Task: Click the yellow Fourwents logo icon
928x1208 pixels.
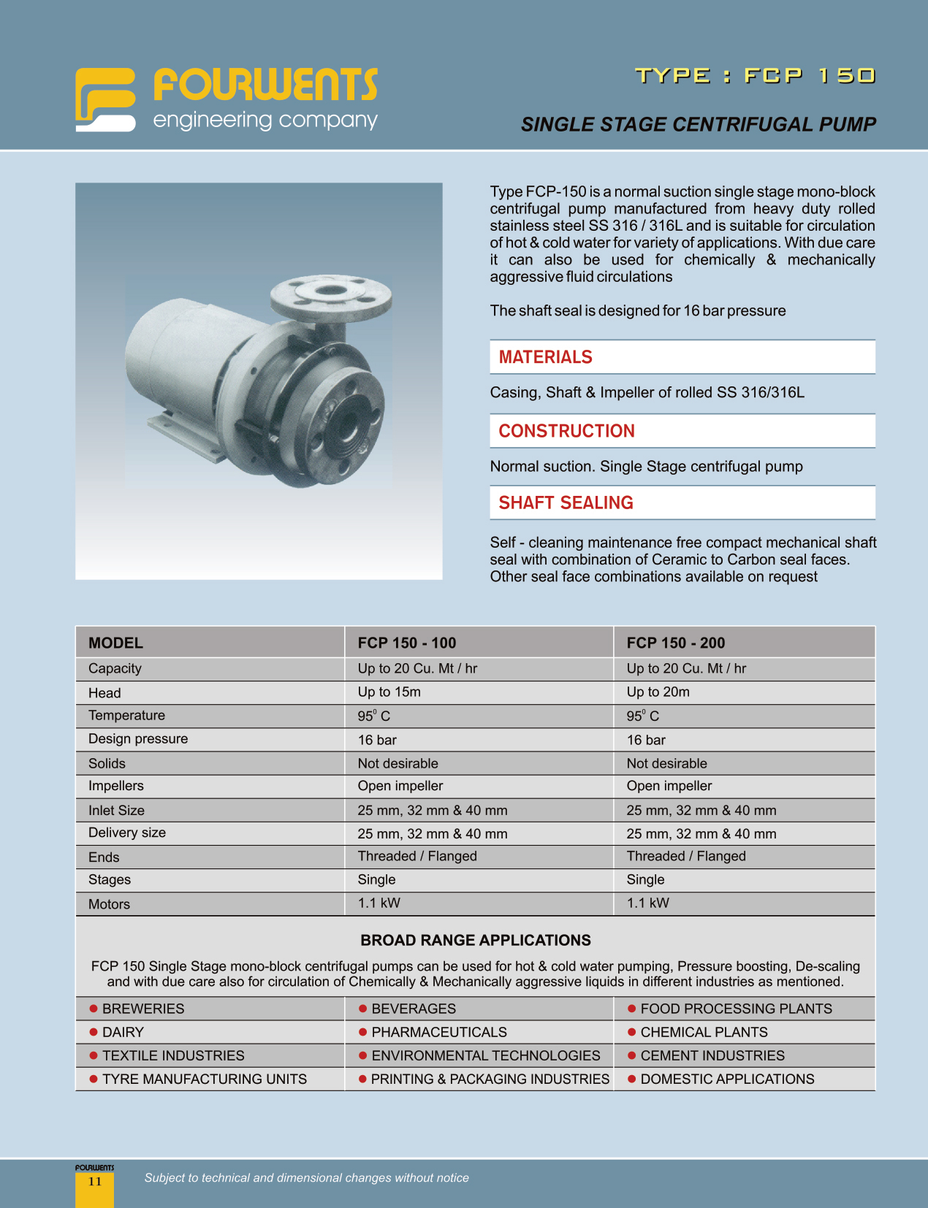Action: point(105,100)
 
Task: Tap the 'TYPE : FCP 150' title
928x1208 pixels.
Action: point(755,76)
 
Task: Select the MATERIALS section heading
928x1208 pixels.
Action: point(545,357)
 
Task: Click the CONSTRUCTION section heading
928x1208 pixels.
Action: point(566,431)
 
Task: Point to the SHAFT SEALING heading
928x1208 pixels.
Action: point(566,502)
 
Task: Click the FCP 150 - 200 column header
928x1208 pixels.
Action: point(675,643)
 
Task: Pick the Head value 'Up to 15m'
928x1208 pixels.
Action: point(389,692)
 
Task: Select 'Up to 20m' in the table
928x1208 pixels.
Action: point(658,692)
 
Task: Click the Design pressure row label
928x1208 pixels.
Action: point(138,738)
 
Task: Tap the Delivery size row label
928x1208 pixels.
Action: point(127,833)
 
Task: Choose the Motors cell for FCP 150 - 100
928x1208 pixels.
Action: point(379,903)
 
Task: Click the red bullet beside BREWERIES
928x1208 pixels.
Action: point(94,1009)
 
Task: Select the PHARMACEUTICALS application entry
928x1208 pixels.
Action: point(438,1032)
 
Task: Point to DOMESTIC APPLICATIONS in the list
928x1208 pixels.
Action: point(726,1079)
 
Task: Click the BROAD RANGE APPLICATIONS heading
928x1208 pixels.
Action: point(475,940)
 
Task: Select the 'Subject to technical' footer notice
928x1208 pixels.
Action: point(306,1177)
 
